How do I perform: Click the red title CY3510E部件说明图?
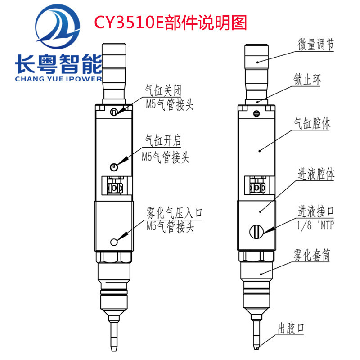tap(171, 22)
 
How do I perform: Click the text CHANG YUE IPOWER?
tap(58, 79)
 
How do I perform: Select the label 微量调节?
tap(316, 45)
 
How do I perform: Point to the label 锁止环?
tap(307, 80)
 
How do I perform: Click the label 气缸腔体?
tap(312, 123)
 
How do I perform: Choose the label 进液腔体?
tap(316, 174)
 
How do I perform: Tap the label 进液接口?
tap(316, 211)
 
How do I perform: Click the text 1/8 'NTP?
tap(315, 225)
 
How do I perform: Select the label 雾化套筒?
tap(312, 255)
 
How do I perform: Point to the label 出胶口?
tap(291, 328)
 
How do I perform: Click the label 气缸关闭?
tap(163, 90)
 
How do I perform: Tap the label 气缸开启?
tap(163, 140)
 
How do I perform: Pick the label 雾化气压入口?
tap(174, 213)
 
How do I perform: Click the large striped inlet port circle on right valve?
tap(256, 232)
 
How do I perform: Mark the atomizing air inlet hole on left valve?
tap(114, 242)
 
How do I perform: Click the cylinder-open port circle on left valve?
tap(114, 167)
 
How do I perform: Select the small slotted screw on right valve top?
tap(256, 113)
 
